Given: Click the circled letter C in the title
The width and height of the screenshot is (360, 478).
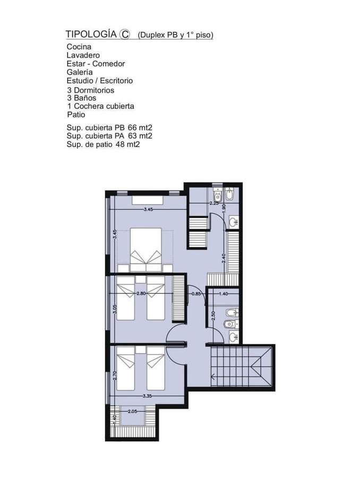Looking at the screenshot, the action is (124, 34).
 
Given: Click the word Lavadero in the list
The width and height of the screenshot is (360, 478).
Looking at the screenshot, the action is (83, 55).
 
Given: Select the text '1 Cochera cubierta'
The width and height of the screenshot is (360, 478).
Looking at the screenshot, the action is (100, 106).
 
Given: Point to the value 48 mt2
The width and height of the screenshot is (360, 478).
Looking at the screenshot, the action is (128, 144).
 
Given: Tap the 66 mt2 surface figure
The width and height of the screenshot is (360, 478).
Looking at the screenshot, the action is (140, 127).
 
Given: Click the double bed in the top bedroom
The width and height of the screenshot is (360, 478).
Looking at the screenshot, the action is (145, 250).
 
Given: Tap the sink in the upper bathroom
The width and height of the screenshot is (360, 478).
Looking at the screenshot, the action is (234, 222).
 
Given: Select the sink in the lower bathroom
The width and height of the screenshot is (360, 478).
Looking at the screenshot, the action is (234, 337).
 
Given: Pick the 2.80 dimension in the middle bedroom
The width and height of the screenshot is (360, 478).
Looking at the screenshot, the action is (141, 294).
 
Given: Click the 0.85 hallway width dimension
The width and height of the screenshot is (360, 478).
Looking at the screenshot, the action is (196, 294).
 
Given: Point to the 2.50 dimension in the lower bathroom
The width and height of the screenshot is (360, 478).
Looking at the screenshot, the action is (213, 315).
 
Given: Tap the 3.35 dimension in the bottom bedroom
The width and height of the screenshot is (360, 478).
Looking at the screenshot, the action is (147, 396).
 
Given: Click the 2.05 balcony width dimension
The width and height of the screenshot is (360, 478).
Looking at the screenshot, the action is (132, 411).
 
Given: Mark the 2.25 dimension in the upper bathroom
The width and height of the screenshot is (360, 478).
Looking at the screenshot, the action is (214, 203).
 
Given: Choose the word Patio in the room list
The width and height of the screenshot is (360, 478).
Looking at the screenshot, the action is (76, 115).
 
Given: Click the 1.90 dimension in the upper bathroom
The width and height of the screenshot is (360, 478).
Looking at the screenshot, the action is (224, 208).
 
